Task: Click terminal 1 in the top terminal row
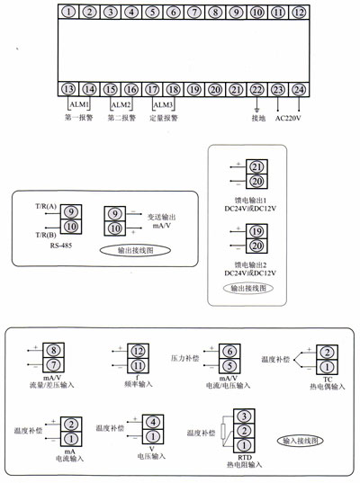click(69, 13)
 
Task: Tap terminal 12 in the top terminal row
click(299, 13)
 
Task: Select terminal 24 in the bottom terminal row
click(299, 89)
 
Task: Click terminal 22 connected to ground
click(257, 89)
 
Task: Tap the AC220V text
click(289, 117)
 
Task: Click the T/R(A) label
click(45, 206)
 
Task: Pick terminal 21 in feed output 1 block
click(256, 166)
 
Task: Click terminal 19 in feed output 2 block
click(256, 231)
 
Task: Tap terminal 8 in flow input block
click(54, 349)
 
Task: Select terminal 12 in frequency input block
click(138, 349)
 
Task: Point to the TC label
click(328, 378)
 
